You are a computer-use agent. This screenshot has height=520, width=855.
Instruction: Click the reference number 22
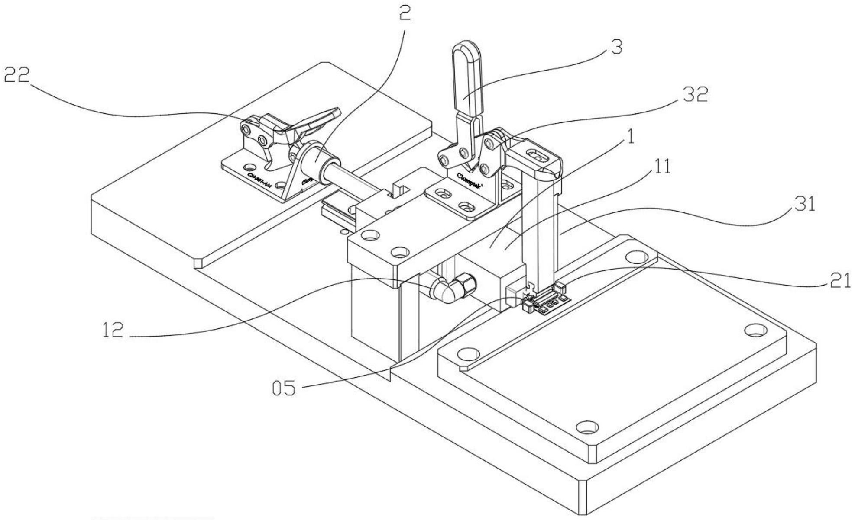click(17, 76)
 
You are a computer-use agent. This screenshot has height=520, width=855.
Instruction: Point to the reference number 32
click(695, 94)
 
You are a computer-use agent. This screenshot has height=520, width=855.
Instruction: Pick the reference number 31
click(804, 204)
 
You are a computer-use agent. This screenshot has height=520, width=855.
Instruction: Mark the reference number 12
click(113, 331)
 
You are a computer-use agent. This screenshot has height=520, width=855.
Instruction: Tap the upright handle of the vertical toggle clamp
click(466, 78)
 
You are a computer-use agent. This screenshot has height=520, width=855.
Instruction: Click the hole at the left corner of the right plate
click(466, 354)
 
